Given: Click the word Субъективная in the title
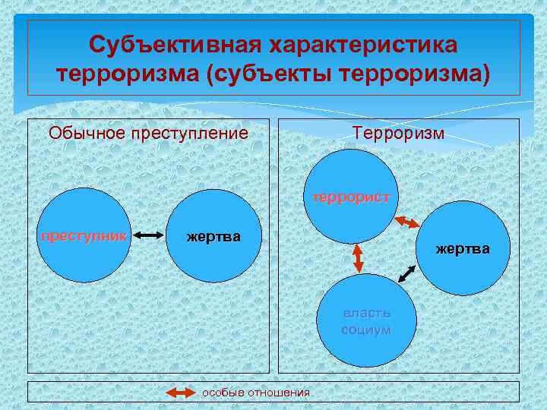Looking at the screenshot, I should (171, 45).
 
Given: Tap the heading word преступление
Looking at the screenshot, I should (190, 134).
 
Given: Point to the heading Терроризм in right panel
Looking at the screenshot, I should (399, 134).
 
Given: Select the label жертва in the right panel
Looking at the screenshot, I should (463, 248).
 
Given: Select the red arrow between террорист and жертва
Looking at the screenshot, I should (408, 222).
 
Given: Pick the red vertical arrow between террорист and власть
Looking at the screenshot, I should (356, 259).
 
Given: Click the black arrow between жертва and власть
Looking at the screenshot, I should (407, 273).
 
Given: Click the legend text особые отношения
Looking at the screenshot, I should (255, 393).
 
